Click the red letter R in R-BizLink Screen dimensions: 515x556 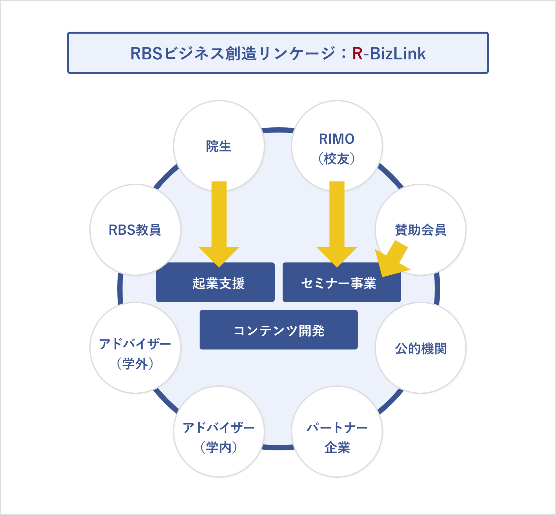(x=357, y=54)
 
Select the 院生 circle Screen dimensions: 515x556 (x=219, y=146)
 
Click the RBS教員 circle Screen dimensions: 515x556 (x=135, y=230)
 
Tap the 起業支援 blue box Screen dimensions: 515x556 (x=215, y=283)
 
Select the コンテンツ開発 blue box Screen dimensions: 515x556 (x=279, y=330)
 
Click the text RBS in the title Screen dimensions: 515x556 (x=146, y=54)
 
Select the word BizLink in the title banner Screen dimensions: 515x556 (x=398, y=54)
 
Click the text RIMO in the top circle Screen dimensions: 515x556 (x=337, y=139)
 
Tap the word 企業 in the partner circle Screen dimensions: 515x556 (x=337, y=447)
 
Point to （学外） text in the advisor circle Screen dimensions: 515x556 (x=135, y=364)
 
